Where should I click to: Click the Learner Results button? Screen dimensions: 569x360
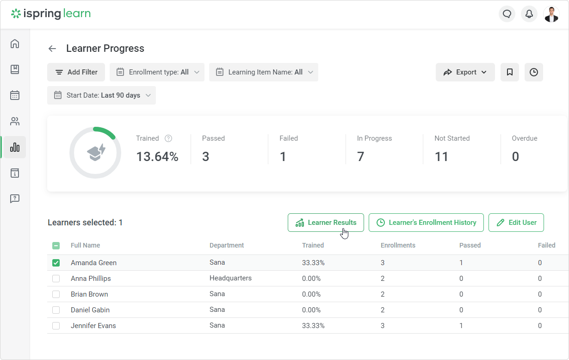coord(326,223)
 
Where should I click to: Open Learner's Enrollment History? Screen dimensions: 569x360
coord(426,223)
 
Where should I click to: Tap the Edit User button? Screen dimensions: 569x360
coord(516,223)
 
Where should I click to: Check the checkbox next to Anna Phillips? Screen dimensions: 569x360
coord(56,279)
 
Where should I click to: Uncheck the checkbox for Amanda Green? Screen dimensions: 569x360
coord(56,263)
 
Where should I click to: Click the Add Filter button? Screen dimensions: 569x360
coord(76,72)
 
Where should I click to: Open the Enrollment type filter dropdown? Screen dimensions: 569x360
coord(157,72)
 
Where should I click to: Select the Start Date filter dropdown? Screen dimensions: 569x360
coord(102,95)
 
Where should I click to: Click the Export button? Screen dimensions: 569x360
coord(465,72)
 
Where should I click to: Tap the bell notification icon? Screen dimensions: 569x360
coord(529,14)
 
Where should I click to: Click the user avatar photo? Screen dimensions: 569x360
coord(551,14)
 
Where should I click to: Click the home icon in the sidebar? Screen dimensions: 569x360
coord(15,43)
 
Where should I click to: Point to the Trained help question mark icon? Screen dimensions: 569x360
coord(168,138)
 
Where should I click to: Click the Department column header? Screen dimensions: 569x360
coord(227,245)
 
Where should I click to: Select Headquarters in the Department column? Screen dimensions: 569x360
coord(230,278)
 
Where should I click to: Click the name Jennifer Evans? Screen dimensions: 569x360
coord(93,326)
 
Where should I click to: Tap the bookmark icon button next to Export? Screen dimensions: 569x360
coord(510,72)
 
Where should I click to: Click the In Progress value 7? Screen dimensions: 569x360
coord(360,156)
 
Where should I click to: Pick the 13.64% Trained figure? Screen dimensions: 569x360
coord(157,156)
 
